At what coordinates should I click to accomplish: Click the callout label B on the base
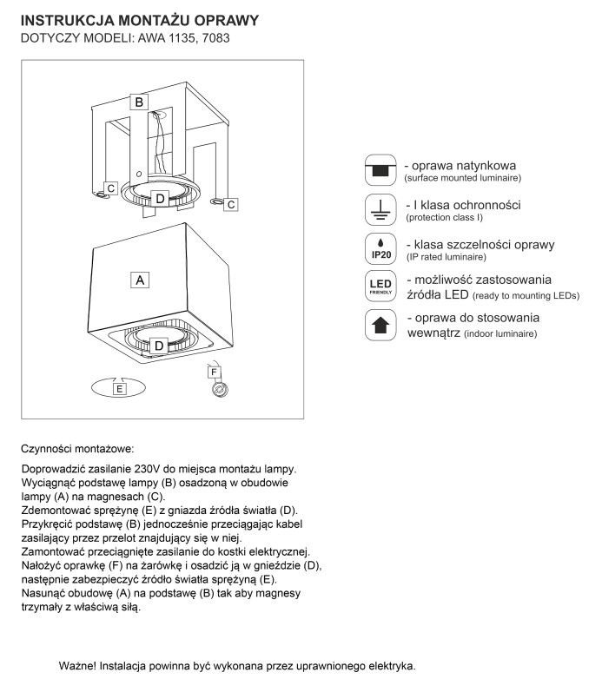[138, 102]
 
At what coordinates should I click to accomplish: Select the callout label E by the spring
[120, 390]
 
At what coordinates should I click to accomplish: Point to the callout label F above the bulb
[214, 372]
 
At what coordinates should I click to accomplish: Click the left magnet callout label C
[112, 187]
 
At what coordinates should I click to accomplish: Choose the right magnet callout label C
[231, 204]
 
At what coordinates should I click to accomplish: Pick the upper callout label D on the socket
[160, 199]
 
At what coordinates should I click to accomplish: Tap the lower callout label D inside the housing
[160, 346]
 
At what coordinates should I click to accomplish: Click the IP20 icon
[380, 247]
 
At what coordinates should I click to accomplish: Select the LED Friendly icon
[380, 287]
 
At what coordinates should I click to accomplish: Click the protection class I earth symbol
[380, 208]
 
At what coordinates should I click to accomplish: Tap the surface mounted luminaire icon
[380, 169]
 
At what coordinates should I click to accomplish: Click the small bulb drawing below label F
[220, 390]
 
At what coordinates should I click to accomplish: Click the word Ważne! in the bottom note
[78, 666]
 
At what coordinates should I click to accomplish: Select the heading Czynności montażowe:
[77, 449]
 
